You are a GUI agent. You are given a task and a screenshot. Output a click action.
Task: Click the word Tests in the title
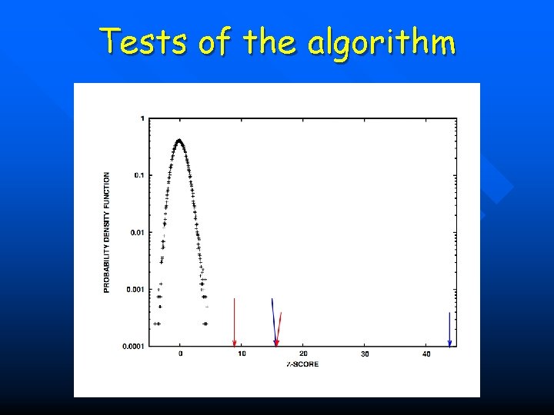click(144, 41)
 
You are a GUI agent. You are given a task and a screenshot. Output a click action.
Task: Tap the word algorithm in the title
click(382, 41)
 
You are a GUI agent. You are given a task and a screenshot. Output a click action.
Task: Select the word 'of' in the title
click(215, 41)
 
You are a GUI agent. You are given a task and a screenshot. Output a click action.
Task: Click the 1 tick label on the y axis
click(142, 118)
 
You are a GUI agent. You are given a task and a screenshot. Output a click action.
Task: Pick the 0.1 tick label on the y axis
click(138, 175)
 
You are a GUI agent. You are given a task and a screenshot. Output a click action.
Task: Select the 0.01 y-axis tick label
click(136, 232)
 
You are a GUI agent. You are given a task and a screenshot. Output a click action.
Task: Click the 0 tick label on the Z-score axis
click(180, 354)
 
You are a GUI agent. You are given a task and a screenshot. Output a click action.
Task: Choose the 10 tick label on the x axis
click(242, 354)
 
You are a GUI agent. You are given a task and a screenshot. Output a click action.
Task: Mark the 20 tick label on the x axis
click(303, 354)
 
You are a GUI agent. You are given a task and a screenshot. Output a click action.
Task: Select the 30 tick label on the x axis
click(365, 354)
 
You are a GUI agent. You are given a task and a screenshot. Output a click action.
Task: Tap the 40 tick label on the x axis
click(426, 354)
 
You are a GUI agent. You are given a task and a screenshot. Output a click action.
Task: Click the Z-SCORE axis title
click(303, 364)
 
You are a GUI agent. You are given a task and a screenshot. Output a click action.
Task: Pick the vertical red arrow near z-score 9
click(235, 323)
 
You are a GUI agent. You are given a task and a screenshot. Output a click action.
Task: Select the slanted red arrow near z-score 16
click(279, 329)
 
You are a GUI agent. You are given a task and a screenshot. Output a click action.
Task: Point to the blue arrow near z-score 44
click(449, 330)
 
